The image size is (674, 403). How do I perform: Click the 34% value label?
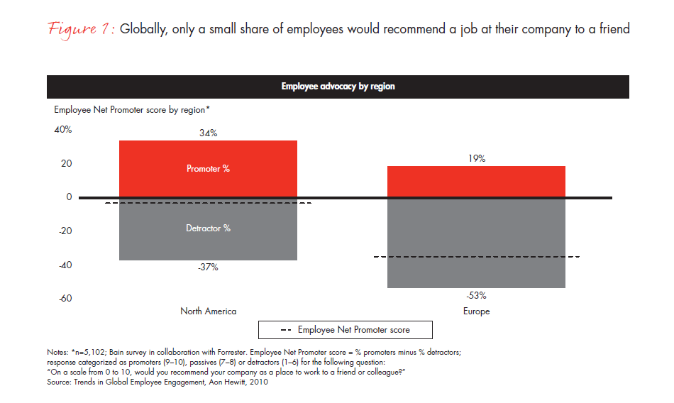[x=208, y=133]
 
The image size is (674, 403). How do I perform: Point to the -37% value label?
[x=208, y=267]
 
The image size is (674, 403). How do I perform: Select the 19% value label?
[x=477, y=159]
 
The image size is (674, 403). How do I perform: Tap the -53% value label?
[x=477, y=295]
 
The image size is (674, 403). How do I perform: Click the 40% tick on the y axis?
[x=63, y=130]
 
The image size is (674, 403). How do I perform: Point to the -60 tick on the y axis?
[x=65, y=299]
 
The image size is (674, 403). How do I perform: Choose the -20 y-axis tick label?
[x=65, y=231]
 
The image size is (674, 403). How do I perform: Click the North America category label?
[x=209, y=311]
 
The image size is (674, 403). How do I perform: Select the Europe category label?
[x=477, y=311]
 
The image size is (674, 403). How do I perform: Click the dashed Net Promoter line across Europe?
[x=477, y=257]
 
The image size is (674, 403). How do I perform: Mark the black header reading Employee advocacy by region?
[x=338, y=87]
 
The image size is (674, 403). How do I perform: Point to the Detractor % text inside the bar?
[x=208, y=228]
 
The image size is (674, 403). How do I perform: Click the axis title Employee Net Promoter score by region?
[x=132, y=110]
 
